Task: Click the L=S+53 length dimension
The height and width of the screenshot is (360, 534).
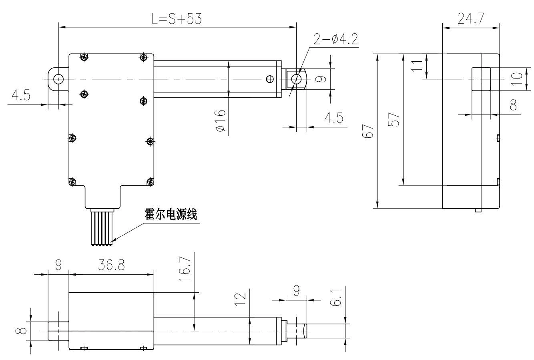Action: (x=177, y=19)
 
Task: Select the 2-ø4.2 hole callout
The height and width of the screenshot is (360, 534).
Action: (x=335, y=40)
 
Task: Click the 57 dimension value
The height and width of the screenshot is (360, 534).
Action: (x=395, y=119)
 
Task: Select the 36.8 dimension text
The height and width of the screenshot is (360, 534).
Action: (x=110, y=266)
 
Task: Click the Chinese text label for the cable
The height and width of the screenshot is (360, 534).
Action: (x=171, y=215)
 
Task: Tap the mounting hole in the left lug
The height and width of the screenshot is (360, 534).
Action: (x=58, y=79)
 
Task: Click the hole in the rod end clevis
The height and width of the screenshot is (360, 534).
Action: (x=297, y=79)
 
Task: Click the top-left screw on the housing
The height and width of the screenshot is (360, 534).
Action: (x=84, y=57)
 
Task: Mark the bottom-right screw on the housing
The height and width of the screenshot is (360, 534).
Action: (x=151, y=182)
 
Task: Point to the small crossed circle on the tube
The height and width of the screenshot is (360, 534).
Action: (x=270, y=79)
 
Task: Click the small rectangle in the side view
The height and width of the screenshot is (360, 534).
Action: (x=481, y=79)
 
